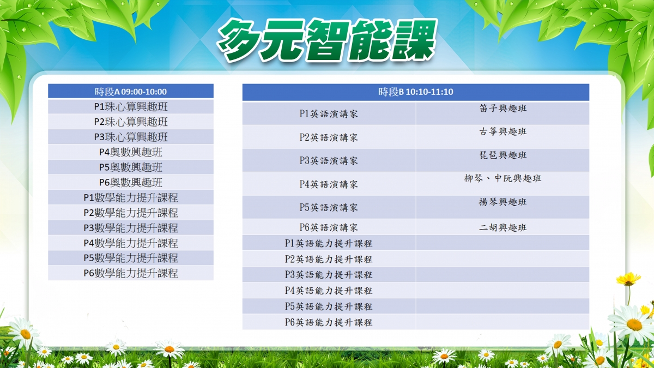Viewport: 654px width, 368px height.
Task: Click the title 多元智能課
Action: (x=327, y=40)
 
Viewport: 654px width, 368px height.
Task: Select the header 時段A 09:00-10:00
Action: (x=131, y=92)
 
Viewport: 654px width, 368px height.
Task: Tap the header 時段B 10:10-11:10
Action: (x=416, y=92)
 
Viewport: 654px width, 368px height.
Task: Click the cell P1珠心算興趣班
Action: (x=131, y=107)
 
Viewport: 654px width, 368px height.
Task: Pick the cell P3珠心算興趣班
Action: (x=131, y=137)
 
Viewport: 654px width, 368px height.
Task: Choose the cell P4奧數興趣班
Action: (x=131, y=152)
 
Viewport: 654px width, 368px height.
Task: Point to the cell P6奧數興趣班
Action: (x=131, y=183)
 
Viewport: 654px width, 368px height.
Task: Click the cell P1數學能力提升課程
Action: (x=131, y=198)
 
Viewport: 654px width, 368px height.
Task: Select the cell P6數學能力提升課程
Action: (x=131, y=273)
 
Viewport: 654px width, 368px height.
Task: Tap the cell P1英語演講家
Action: (x=329, y=113)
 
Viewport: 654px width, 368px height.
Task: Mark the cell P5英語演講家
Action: (x=329, y=207)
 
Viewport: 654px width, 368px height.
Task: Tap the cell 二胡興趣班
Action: (x=502, y=227)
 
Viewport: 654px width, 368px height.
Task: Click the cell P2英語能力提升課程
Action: (x=329, y=259)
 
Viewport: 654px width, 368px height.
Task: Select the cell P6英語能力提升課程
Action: (x=329, y=322)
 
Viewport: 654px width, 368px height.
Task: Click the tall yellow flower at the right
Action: (x=628, y=279)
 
